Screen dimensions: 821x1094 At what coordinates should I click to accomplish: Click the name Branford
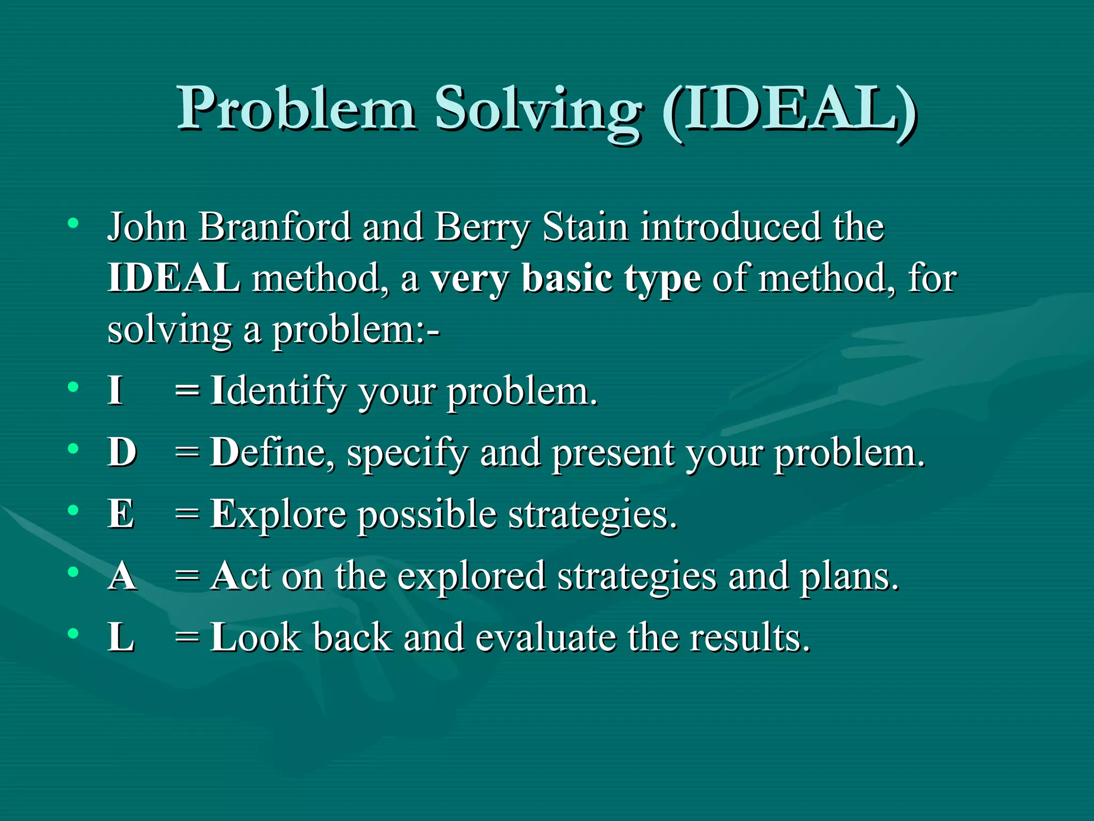click(x=275, y=227)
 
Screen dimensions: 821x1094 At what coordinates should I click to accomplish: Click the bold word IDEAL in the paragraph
click(x=174, y=278)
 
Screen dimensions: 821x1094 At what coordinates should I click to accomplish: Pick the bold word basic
click(x=567, y=278)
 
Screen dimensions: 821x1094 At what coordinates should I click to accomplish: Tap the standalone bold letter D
click(x=122, y=452)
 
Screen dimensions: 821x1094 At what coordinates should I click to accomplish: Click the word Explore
click(x=278, y=515)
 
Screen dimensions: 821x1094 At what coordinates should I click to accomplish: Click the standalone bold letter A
click(x=122, y=576)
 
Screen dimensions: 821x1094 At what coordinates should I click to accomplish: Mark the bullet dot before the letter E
click(x=73, y=510)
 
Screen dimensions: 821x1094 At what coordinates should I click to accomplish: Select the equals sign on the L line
click(x=187, y=638)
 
